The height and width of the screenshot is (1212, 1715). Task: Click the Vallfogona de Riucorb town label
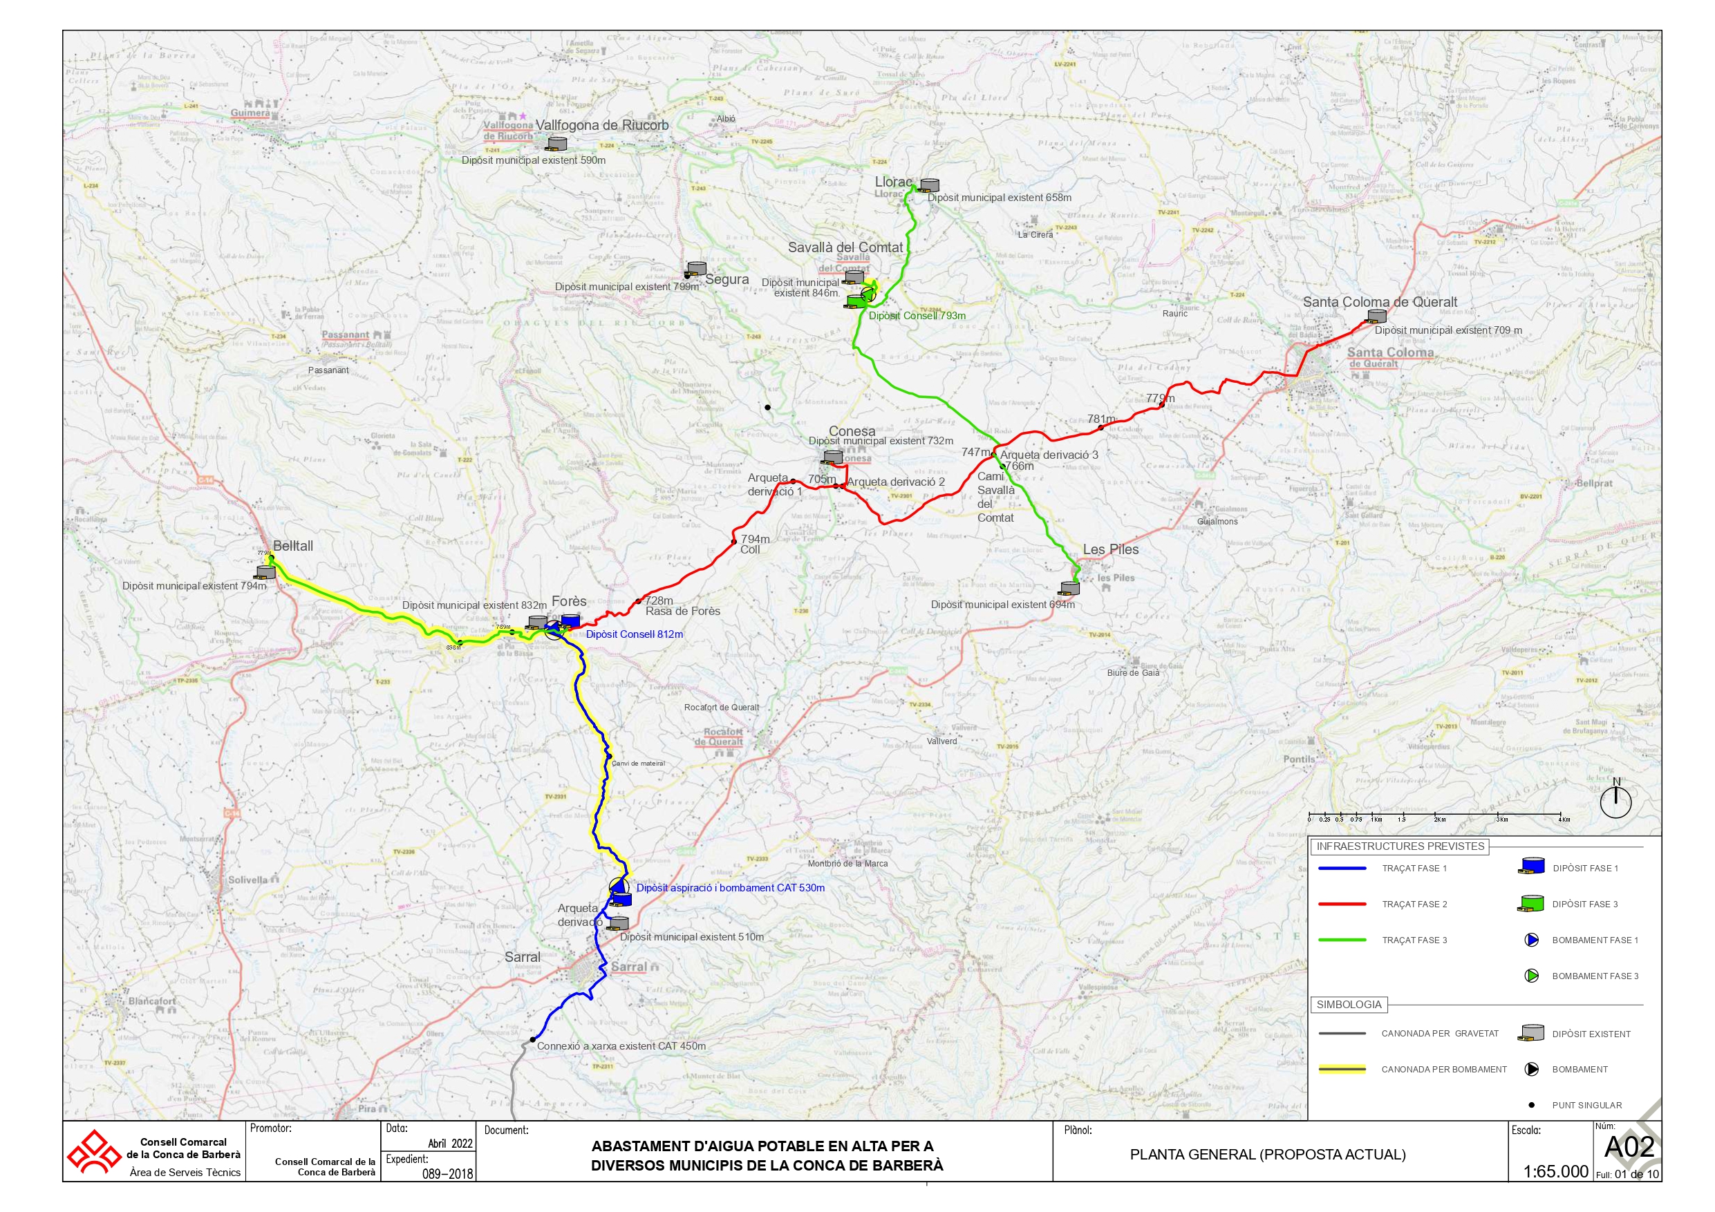click(602, 126)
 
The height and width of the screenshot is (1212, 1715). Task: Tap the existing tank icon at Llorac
click(929, 184)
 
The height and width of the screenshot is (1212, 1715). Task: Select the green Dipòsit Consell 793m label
click(917, 316)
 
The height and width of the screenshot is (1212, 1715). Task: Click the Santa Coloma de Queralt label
click(1380, 303)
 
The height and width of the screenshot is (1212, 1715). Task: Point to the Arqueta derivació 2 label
click(896, 482)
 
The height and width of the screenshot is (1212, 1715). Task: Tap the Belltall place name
click(293, 546)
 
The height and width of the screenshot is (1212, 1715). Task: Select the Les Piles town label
click(1111, 549)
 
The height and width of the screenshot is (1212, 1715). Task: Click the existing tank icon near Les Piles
click(1069, 589)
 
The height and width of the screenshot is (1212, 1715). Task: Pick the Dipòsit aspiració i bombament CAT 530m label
click(730, 888)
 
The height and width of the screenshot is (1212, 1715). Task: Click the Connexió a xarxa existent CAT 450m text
click(621, 1046)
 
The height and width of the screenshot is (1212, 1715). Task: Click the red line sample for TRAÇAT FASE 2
click(1342, 905)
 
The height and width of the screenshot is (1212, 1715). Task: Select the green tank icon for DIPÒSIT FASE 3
click(1530, 904)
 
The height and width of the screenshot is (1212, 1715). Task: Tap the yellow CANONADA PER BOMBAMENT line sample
click(1342, 1070)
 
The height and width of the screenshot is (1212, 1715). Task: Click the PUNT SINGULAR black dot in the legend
click(1531, 1105)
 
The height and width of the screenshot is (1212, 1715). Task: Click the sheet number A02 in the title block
click(1629, 1148)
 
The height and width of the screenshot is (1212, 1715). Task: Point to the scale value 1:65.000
click(1555, 1172)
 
